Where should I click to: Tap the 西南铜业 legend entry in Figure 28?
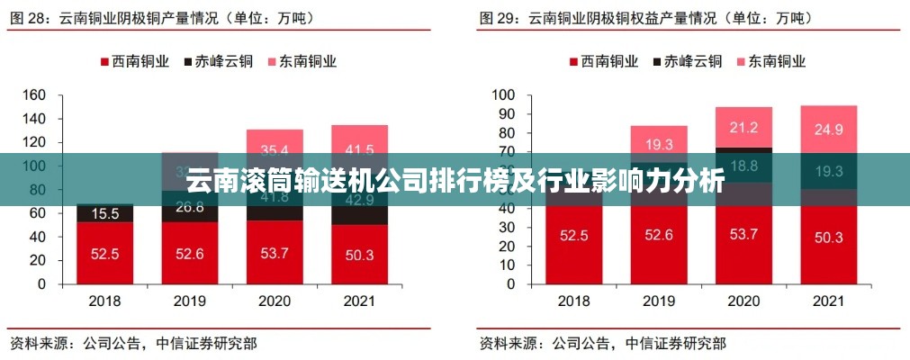coord(133,61)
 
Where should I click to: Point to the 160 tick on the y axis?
coord(33,95)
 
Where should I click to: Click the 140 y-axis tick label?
coord(33,119)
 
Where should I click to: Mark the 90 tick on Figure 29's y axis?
coord(504,114)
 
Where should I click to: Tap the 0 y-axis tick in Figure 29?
coord(509,283)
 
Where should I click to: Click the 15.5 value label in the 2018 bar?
coord(104,214)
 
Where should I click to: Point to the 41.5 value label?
coord(359,149)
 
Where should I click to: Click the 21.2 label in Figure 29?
coord(743,127)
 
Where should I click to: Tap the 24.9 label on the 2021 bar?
coord(828,130)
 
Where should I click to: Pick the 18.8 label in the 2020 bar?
coord(743,165)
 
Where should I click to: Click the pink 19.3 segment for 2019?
coord(658,142)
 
